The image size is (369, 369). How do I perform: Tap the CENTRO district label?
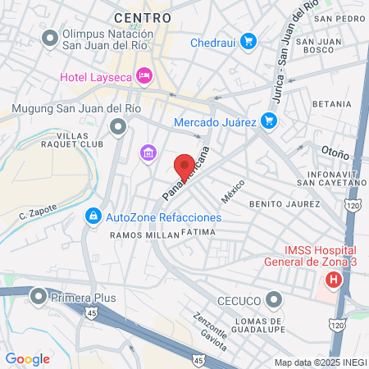pos(143,16)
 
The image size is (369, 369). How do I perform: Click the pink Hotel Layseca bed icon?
pos(144,76)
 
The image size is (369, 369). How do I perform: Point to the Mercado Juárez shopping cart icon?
pos(268,122)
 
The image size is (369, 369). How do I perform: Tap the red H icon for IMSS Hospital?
pos(333,280)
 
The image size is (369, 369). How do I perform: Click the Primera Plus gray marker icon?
pos(38,296)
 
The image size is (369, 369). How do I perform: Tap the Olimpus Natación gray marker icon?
pos(50,37)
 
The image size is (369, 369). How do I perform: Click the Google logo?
pos(27,358)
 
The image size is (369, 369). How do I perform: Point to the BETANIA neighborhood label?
pos(330,104)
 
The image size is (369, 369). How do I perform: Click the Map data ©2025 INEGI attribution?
pos(320,362)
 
